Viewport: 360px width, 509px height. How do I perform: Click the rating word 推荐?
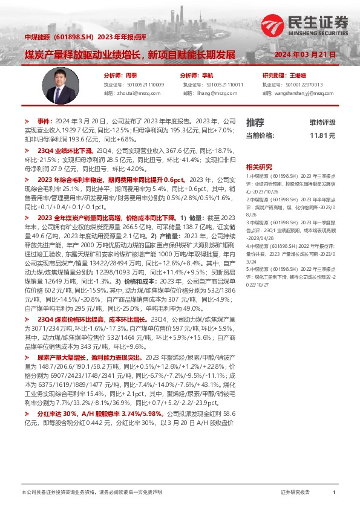point(255,122)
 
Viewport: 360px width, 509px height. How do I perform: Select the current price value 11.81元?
point(322,135)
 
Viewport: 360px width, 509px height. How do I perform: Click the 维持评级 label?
point(322,122)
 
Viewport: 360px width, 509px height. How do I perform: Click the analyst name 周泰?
point(131,76)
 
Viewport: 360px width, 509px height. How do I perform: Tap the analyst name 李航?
point(208,76)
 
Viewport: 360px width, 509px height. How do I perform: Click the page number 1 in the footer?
point(334,493)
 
